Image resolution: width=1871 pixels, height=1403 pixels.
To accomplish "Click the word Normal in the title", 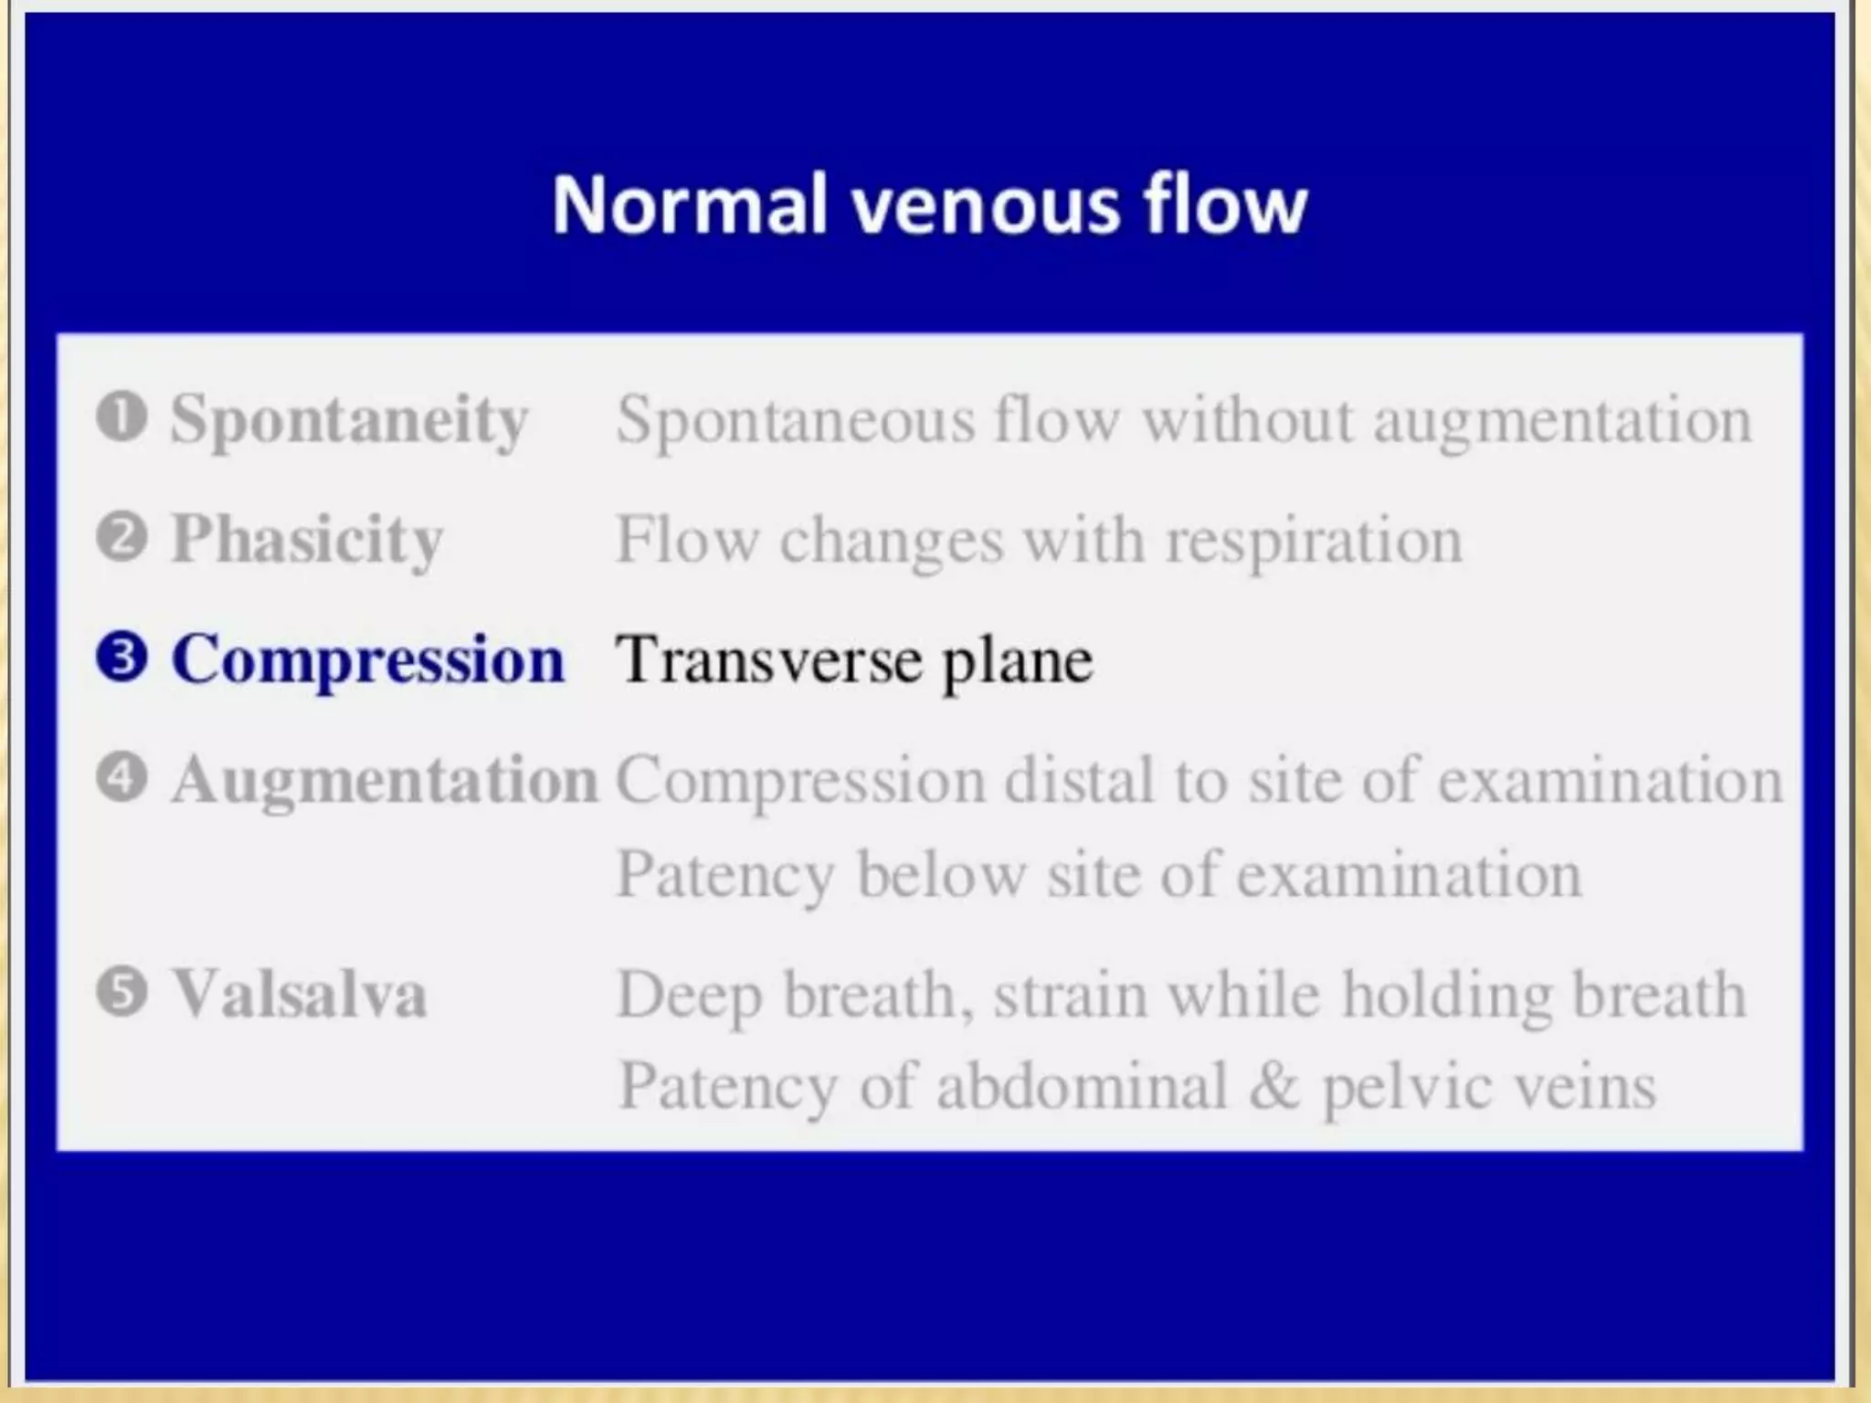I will click(690, 205).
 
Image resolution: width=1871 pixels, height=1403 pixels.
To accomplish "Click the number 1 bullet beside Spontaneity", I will click(122, 417).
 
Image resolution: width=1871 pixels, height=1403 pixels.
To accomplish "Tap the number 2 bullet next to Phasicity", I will click(122, 537).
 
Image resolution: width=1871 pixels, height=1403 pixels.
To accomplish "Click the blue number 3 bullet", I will click(122, 658).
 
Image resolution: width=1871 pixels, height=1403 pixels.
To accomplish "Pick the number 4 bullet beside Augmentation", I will click(122, 778).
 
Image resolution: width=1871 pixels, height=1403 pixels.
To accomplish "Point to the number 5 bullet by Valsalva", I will click(122, 992).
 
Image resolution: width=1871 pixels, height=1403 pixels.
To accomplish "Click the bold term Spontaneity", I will click(349, 420).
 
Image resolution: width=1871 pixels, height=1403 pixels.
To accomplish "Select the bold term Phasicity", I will click(307, 540).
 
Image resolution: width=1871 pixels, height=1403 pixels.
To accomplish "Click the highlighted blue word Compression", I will click(367, 659).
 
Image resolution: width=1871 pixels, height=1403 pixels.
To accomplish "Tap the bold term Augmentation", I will click(385, 781).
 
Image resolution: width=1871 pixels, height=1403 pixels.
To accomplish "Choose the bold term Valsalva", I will click(300, 994).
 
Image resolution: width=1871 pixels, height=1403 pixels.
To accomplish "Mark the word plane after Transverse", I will click(1017, 662).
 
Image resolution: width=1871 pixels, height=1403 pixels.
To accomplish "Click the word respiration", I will click(1314, 543).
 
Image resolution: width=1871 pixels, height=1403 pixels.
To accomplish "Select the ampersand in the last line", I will click(1274, 1087).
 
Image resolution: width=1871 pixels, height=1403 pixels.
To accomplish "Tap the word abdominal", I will click(1081, 1087).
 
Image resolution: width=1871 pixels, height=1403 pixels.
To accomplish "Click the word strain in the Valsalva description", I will click(1072, 994).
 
